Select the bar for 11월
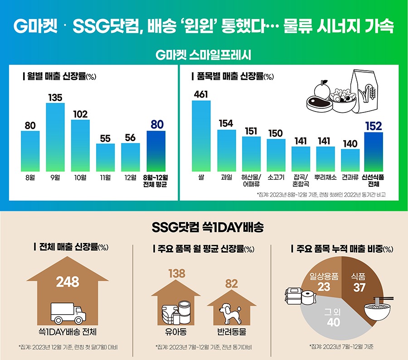point(105,157)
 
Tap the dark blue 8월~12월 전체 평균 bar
point(156,151)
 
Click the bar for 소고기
point(276,154)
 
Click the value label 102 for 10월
point(80,114)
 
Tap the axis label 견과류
point(350,178)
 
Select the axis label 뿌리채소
point(325,178)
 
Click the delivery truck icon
point(68,313)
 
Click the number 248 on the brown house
point(68,282)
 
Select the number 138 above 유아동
point(177,273)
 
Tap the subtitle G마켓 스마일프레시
point(204,55)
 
